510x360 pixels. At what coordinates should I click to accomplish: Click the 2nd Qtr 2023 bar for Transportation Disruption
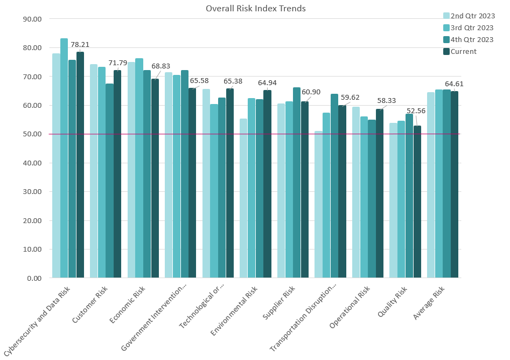click(x=318, y=205)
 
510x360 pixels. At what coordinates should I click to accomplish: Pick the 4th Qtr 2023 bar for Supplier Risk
click(x=297, y=183)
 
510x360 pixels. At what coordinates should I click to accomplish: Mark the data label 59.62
click(x=351, y=98)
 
